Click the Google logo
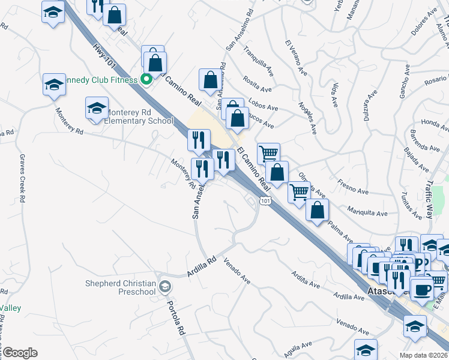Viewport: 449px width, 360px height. (x=19, y=353)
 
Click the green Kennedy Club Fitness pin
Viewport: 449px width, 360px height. (x=146, y=79)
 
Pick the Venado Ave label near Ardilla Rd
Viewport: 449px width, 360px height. (x=237, y=271)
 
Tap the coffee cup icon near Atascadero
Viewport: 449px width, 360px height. (x=422, y=289)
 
